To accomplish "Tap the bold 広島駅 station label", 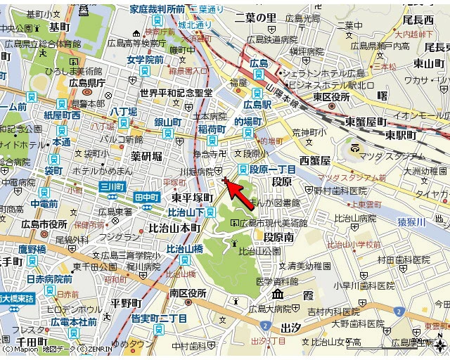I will pyautogui.click(x=257, y=105).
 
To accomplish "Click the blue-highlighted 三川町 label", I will pyautogui.click(x=112, y=187).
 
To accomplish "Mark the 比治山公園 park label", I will pyautogui.click(x=259, y=251).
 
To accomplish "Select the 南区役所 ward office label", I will pyautogui.click(x=188, y=292).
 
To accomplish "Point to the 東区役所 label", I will pyautogui.click(x=331, y=96).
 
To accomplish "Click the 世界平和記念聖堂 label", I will pyautogui.click(x=176, y=93).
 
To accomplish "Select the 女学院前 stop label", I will pyautogui.click(x=145, y=60).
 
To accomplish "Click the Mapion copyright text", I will pyautogui.click(x=20, y=349).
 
